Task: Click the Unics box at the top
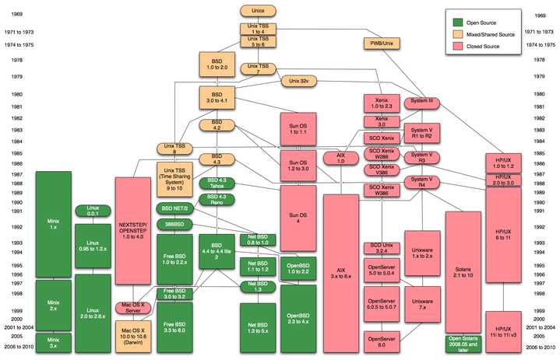pyautogui.click(x=257, y=10)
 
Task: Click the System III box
pyautogui.click(x=422, y=101)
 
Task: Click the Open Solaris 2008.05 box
pyautogui.click(x=464, y=343)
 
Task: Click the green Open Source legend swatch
pyautogui.click(x=459, y=23)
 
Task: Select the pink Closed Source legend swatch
pyautogui.click(x=459, y=46)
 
